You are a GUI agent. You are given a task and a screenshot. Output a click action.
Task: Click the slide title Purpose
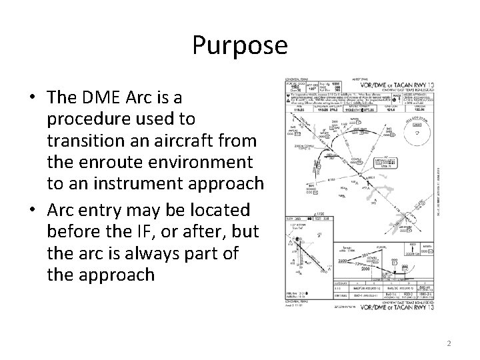pyautogui.click(x=239, y=45)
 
